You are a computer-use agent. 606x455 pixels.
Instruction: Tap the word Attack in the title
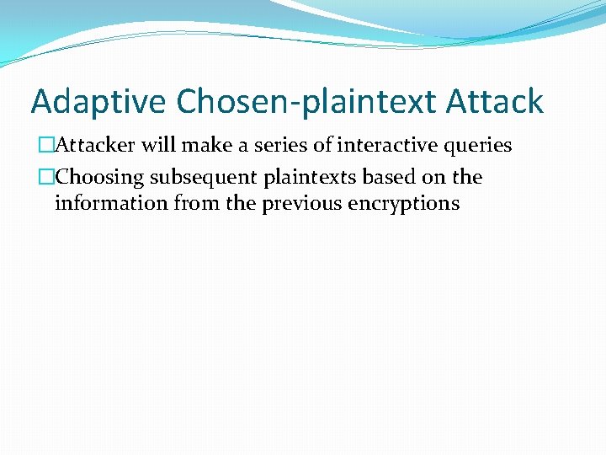(x=496, y=102)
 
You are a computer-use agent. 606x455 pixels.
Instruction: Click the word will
(x=158, y=146)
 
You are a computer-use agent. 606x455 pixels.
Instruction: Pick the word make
(x=205, y=146)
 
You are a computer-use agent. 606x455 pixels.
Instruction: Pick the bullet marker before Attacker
(x=46, y=146)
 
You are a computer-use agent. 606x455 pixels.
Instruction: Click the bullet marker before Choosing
(x=46, y=178)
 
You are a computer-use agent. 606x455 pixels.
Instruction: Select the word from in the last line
(x=195, y=203)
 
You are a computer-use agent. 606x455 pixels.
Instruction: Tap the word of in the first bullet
(x=323, y=146)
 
